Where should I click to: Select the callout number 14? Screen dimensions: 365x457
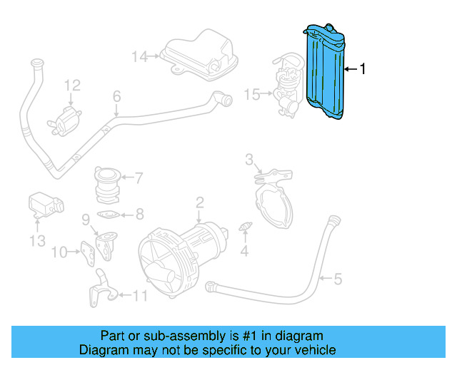pyautogui.click(x=139, y=56)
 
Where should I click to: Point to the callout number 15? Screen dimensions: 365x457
pyautogui.click(x=251, y=93)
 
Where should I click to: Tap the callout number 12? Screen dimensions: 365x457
pyautogui.click(x=71, y=86)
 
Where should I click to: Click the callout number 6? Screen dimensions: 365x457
pyautogui.click(x=116, y=96)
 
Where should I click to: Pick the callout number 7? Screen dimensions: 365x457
pyautogui.click(x=139, y=178)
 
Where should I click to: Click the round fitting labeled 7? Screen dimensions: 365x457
pyautogui.click(x=107, y=184)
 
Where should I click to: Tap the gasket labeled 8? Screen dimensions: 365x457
pyautogui.click(x=109, y=214)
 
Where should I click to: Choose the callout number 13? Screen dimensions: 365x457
pyautogui.click(x=38, y=241)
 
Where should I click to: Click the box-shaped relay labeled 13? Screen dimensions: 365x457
pyautogui.click(x=44, y=205)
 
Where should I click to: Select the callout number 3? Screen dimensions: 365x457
pyautogui.click(x=249, y=158)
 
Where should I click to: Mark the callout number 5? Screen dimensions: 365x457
pyautogui.click(x=338, y=279)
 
